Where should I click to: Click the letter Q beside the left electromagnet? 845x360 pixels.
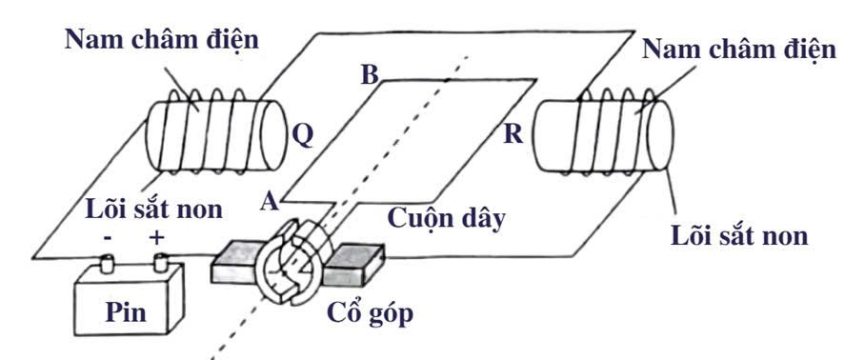(x=302, y=135)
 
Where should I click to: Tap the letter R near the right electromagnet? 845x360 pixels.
(x=513, y=134)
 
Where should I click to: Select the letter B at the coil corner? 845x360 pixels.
(x=370, y=75)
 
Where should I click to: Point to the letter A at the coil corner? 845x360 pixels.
(x=271, y=201)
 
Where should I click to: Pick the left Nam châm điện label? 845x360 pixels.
(x=161, y=41)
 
